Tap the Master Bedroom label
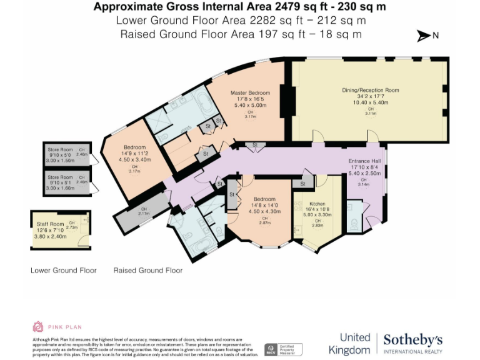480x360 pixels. (x=250, y=92)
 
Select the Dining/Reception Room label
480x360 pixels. (x=370, y=90)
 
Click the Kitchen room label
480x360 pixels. (x=317, y=204)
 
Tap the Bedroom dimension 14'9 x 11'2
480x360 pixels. (x=134, y=153)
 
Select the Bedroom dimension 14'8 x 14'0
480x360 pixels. (x=265, y=205)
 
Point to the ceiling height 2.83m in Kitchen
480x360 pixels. (x=317, y=226)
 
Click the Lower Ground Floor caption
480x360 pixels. (x=64, y=271)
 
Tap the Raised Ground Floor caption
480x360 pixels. (x=148, y=271)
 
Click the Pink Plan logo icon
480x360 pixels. (x=38, y=326)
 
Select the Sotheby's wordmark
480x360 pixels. (x=412, y=339)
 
